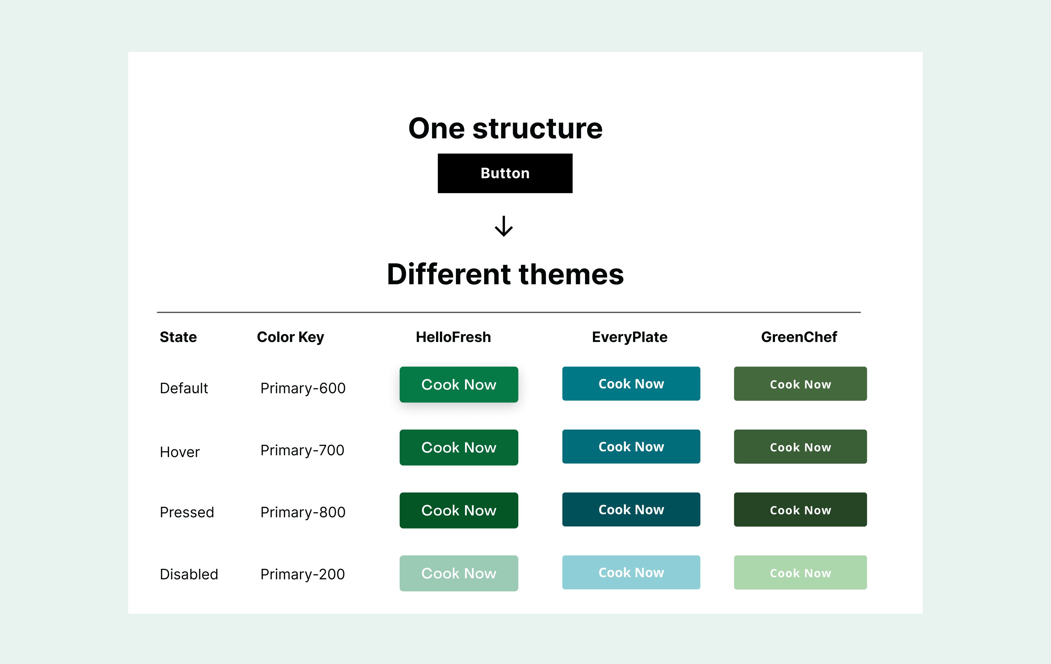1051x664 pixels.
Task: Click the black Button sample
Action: [505, 173]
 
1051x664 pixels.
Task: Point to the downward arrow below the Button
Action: [504, 226]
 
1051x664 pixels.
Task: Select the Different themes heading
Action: [506, 274]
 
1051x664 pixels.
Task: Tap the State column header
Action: [178, 337]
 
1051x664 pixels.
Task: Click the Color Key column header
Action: [290, 337]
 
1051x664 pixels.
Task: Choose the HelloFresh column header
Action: [453, 337]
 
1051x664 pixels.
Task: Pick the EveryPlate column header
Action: [630, 337]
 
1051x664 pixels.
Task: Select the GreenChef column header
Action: [799, 337]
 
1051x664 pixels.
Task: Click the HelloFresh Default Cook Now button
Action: [459, 385]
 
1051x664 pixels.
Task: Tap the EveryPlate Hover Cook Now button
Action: [631, 447]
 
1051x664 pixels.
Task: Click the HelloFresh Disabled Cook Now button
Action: [459, 573]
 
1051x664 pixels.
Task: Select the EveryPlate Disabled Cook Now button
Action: [631, 572]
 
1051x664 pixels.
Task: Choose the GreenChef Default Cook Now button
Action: [800, 384]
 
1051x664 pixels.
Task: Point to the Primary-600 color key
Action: [303, 388]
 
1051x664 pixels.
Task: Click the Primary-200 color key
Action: [302, 574]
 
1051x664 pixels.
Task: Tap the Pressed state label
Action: [187, 512]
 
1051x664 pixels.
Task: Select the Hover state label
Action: [179, 452]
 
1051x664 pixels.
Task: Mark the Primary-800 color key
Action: [303, 512]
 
